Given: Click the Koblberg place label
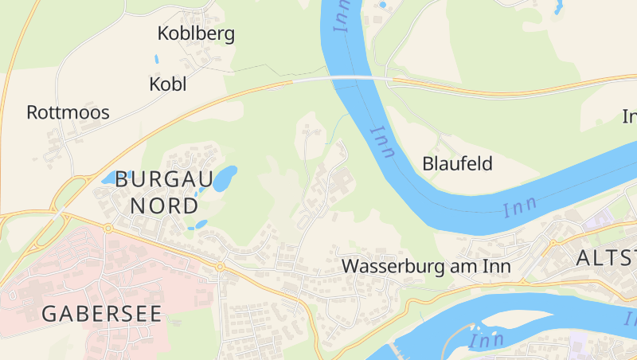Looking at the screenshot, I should pos(196,33).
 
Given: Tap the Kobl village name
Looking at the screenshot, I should pos(167,84).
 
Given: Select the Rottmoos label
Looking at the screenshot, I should pos(68,112).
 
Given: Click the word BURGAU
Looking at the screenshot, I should pos(163,179).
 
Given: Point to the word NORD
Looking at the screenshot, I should pos(164,205).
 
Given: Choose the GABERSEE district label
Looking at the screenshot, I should pos(101,313).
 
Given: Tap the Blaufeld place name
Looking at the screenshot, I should pos(458,164).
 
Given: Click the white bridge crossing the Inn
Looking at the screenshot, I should pos(333,78).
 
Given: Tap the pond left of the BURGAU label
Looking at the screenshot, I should pos(108,178).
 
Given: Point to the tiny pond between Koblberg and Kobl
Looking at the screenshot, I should pos(157,59).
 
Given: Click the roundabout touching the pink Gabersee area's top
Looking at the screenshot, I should pos(107,228).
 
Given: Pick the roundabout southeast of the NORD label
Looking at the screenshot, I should pos(219,266).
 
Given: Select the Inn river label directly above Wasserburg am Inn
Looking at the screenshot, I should pos(520,205).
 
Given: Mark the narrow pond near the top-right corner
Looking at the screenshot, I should pos(558,7).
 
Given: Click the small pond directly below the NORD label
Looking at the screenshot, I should pos(200,225).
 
